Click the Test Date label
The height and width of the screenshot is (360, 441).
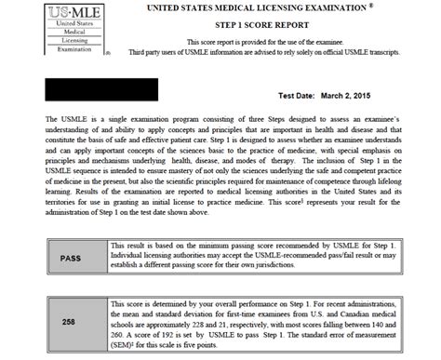[298, 98]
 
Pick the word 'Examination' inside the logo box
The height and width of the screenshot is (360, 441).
[36, 50]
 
